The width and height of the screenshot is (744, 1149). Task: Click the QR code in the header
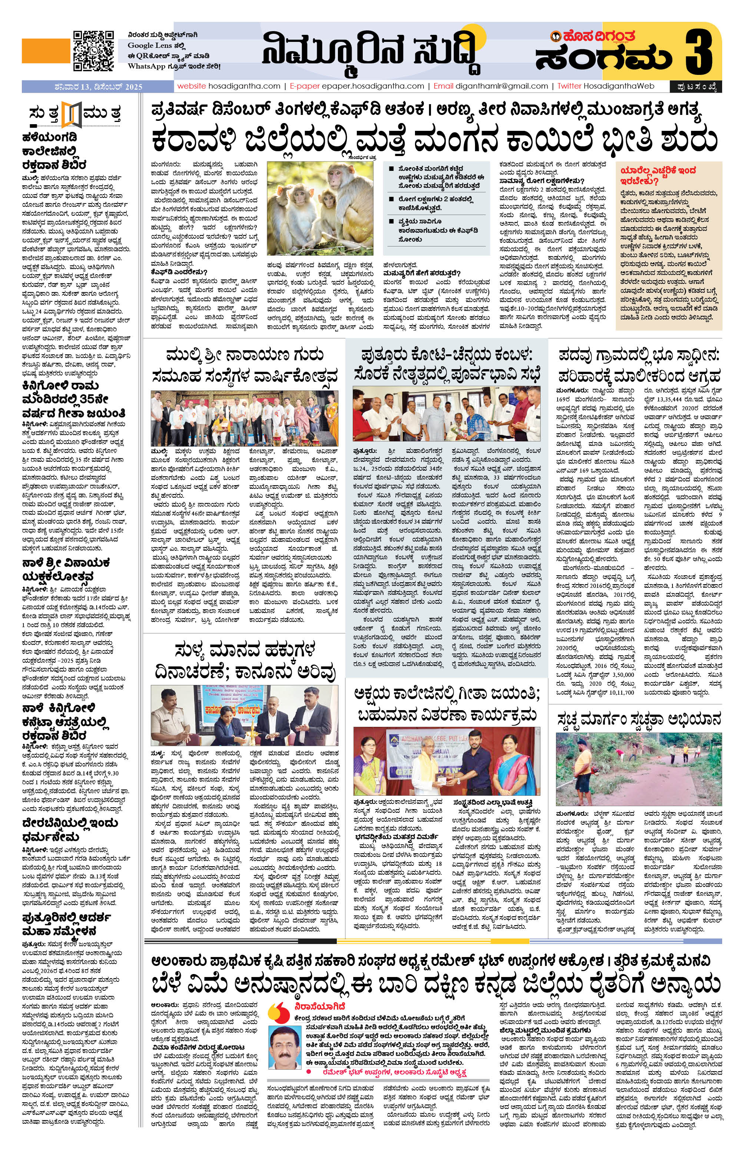[x=93, y=51]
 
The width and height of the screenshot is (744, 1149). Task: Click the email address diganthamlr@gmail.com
[x=501, y=86]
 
